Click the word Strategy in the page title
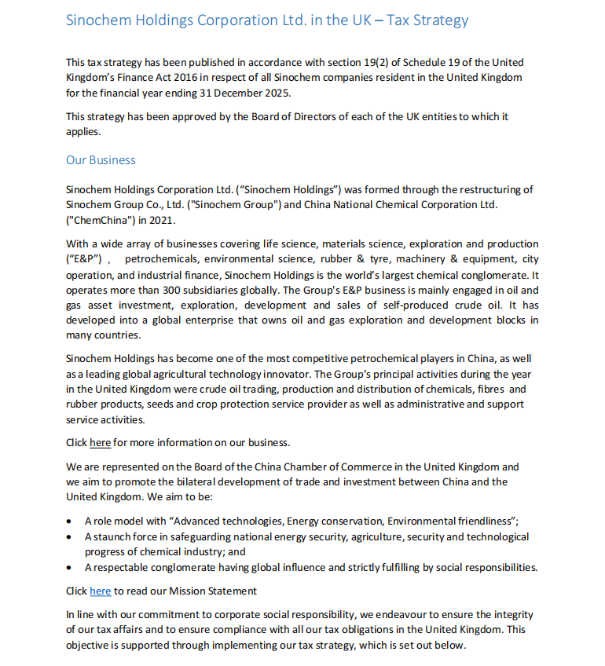(439, 20)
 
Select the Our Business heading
(101, 160)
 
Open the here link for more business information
(100, 442)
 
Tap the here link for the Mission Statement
(100, 591)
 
